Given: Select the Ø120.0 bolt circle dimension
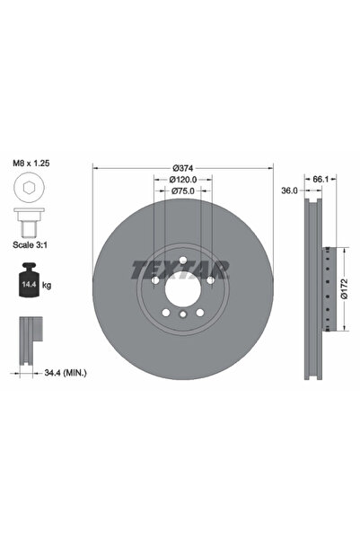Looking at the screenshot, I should coord(184,180).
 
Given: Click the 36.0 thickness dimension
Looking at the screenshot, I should coord(289,190).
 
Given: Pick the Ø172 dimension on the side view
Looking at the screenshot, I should coord(344,289).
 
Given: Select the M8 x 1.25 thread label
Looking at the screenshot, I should coord(31,163).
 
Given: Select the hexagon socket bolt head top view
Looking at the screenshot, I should coord(27,188).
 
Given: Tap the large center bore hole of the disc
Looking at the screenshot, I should coord(183,288).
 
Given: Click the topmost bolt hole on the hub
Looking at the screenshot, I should coord(183,261).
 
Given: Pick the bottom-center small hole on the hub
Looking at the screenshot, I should coord(183,316).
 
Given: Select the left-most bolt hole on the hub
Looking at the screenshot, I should coord(157,280).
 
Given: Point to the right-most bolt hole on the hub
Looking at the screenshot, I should coord(209,280).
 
